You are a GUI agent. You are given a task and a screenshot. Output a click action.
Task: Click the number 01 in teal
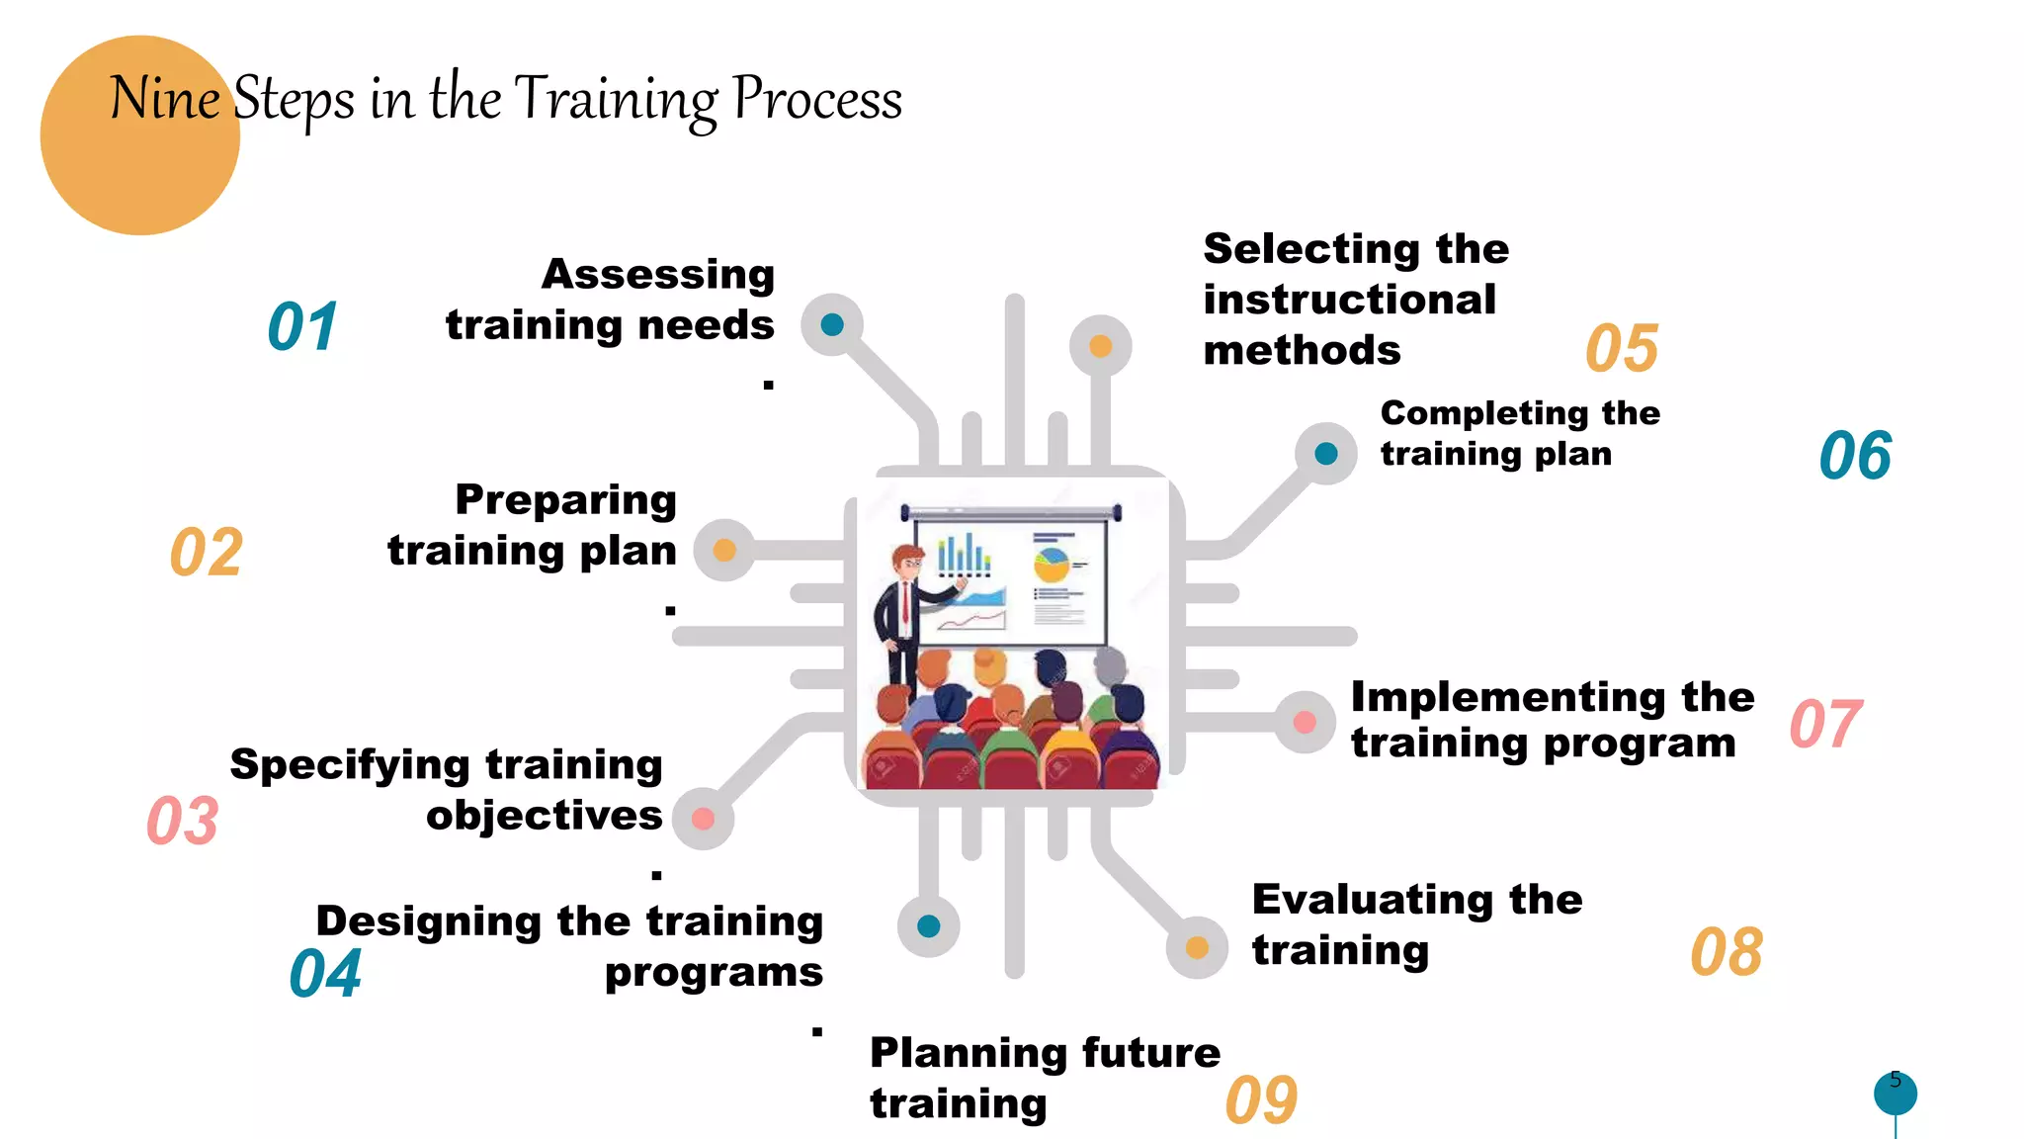[302, 327]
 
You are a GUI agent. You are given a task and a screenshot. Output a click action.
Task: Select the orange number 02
[207, 553]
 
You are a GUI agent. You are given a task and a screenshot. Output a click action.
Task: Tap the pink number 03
[183, 821]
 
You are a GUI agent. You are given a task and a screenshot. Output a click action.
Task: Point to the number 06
[1855, 457]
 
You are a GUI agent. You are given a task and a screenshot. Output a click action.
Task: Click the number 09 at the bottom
[1261, 1100]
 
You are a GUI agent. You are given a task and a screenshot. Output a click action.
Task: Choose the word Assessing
[658, 275]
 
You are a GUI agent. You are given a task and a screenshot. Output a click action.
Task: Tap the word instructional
[1349, 300]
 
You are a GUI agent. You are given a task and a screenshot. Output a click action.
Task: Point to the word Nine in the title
[164, 99]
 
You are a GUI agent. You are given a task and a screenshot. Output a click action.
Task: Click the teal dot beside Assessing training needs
[832, 324]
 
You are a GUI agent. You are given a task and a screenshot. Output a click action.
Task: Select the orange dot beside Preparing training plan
[724, 550]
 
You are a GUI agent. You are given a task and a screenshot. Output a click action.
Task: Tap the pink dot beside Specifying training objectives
[703, 819]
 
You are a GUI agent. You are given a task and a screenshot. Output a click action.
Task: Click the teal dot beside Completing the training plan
[1326, 454]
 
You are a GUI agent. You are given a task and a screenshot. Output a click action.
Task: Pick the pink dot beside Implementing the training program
[1305, 722]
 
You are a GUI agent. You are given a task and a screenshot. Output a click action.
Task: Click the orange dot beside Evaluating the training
[1197, 947]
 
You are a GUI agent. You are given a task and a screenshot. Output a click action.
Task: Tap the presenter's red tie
[905, 602]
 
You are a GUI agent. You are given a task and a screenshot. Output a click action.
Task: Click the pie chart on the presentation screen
[1051, 565]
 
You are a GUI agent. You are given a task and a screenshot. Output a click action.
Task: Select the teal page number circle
[1895, 1094]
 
